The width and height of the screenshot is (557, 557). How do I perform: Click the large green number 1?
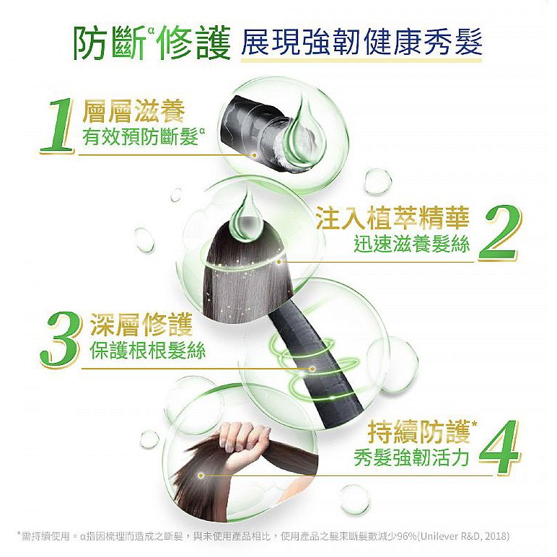pos(58,126)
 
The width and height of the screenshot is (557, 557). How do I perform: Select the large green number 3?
pos(59,339)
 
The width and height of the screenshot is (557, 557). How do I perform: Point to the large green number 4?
pos(499,447)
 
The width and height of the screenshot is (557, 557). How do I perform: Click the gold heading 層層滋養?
pos(133,112)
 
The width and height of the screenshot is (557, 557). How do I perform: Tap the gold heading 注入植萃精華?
pos(392,218)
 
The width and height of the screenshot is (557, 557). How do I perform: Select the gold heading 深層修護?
pos(141,325)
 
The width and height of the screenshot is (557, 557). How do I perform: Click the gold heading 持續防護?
pos(419,432)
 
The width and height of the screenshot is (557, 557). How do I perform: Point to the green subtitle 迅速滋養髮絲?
pos(412,245)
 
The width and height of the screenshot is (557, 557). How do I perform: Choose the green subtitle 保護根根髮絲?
pos(147,351)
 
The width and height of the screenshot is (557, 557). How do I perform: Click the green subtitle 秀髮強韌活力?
pos(412,458)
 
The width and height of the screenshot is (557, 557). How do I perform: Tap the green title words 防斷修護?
pos(152,43)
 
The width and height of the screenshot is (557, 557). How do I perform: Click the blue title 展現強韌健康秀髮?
pos(361,43)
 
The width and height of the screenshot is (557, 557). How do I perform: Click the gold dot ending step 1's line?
pos(254,155)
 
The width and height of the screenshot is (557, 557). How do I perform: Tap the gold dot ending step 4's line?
pos(201,475)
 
